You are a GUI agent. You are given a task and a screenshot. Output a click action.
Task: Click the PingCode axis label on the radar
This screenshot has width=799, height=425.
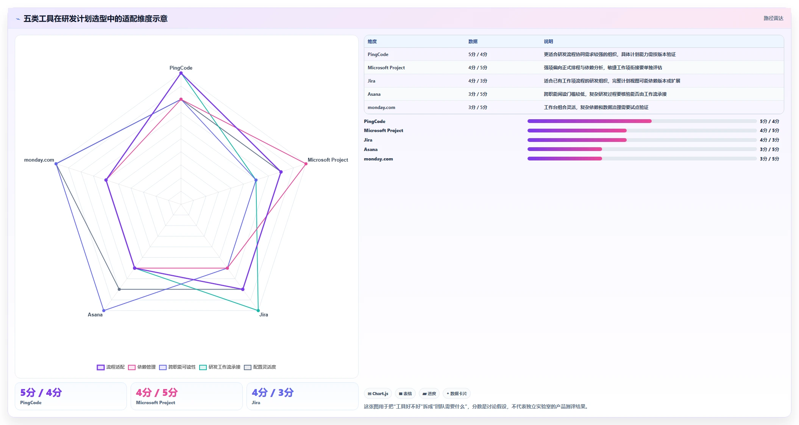pos(181,68)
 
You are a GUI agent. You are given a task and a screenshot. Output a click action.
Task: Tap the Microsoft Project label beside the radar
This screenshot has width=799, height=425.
pos(328,160)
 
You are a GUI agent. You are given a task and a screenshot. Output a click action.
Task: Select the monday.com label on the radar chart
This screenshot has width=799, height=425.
pos(39,160)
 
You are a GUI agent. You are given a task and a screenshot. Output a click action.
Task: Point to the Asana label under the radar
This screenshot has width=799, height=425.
pos(95,314)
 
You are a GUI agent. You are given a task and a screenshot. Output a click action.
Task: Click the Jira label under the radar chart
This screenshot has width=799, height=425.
pos(264,314)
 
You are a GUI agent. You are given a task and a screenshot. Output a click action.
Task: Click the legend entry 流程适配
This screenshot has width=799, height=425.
pos(111,367)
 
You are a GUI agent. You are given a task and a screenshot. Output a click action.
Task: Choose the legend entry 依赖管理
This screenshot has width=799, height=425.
pos(142,367)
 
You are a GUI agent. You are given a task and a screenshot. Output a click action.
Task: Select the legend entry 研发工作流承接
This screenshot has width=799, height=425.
pos(220,367)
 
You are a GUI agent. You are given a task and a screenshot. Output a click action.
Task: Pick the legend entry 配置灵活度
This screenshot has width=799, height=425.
pos(260,367)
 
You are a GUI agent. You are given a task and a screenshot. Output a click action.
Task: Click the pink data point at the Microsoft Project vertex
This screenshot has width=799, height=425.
pos(306,164)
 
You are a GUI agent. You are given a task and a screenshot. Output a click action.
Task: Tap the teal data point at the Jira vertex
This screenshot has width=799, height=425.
pos(258,311)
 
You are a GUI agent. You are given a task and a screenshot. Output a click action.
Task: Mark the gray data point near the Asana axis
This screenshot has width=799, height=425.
pos(119,290)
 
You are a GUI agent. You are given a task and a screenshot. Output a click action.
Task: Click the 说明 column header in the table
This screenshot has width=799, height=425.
pos(548,42)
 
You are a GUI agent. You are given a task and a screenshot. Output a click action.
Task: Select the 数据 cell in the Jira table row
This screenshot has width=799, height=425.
pos(478,81)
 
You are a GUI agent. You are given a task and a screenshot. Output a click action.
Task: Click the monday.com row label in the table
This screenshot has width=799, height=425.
pos(381,107)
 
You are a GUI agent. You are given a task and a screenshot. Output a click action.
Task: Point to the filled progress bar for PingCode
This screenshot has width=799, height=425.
pos(589,121)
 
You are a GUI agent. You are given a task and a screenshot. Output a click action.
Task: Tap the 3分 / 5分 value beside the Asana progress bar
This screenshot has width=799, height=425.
pos(769,149)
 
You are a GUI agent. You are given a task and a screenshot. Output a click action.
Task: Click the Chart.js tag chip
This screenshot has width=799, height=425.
pos(378,394)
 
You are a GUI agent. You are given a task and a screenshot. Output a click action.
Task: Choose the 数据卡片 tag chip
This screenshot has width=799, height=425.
pos(456,394)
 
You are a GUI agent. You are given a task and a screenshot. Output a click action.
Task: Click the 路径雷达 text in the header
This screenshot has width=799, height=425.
pos(773,18)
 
